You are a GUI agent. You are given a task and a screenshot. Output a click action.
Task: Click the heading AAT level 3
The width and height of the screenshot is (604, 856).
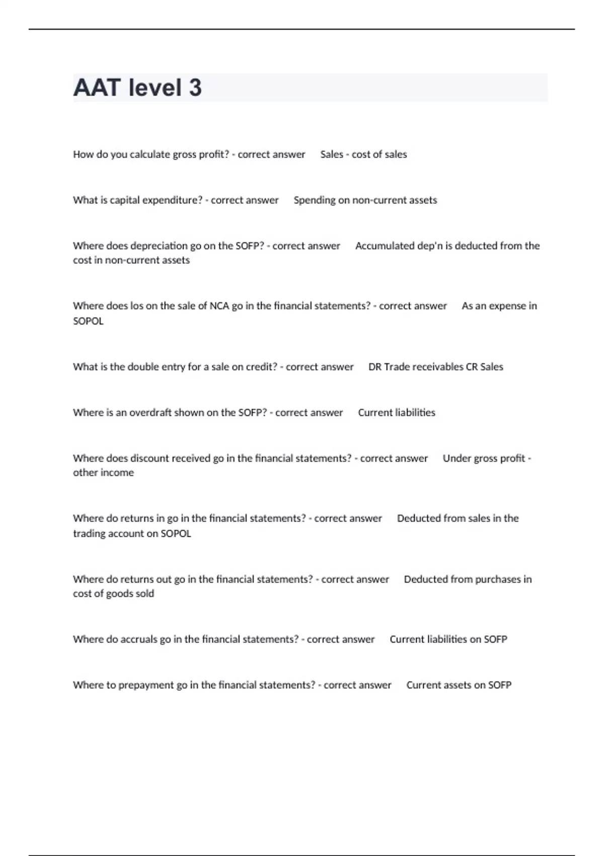[x=137, y=88]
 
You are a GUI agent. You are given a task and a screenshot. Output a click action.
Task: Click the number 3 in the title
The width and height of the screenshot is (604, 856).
[x=195, y=88]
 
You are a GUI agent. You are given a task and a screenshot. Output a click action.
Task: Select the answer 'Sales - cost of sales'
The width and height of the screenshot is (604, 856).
[x=363, y=155]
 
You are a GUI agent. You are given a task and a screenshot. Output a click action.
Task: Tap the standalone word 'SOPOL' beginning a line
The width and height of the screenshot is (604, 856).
[x=88, y=321]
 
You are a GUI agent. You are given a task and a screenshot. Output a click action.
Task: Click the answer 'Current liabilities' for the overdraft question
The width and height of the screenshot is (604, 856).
[x=397, y=412]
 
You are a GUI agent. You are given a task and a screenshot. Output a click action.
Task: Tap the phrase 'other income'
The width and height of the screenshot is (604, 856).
[x=103, y=472]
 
